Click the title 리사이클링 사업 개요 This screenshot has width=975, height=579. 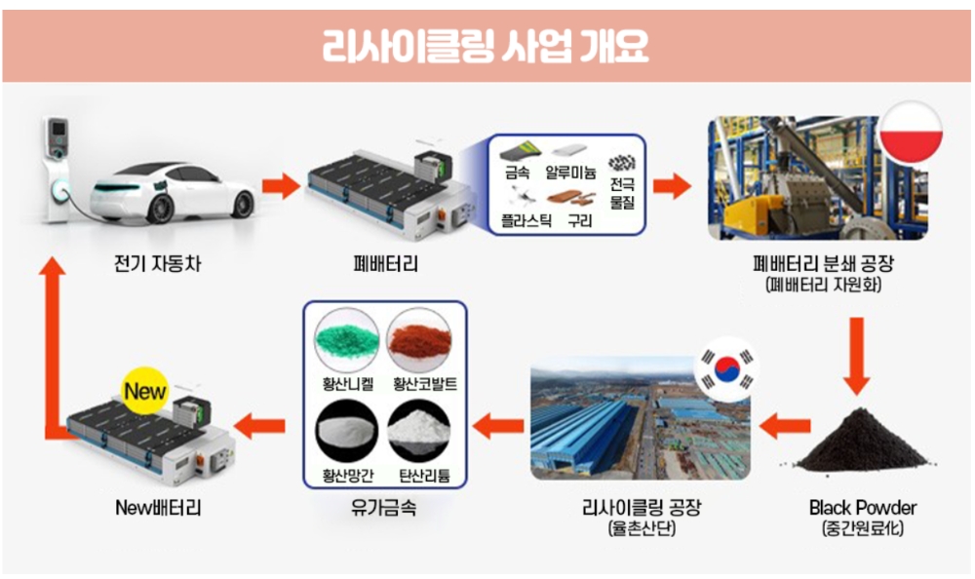pos(485,46)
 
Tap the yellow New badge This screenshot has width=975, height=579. pos(145,391)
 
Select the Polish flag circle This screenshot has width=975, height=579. pos(911,133)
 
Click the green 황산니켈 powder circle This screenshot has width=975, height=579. pos(347,341)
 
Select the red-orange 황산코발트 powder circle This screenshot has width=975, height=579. pos(419,341)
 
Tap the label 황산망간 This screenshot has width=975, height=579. pos(348,476)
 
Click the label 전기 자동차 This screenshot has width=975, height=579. pos(157,264)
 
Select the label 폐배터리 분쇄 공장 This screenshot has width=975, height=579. pos(823,264)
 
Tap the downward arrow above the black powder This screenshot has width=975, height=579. pos(857,356)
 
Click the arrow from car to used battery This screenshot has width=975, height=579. pos(281,185)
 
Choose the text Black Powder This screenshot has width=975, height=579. pos(863,508)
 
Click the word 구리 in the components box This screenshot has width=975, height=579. pos(579,220)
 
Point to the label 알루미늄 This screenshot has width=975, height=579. pos(570,173)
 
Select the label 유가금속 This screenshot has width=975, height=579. pos(383,508)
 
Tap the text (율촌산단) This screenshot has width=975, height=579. pos(642,528)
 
